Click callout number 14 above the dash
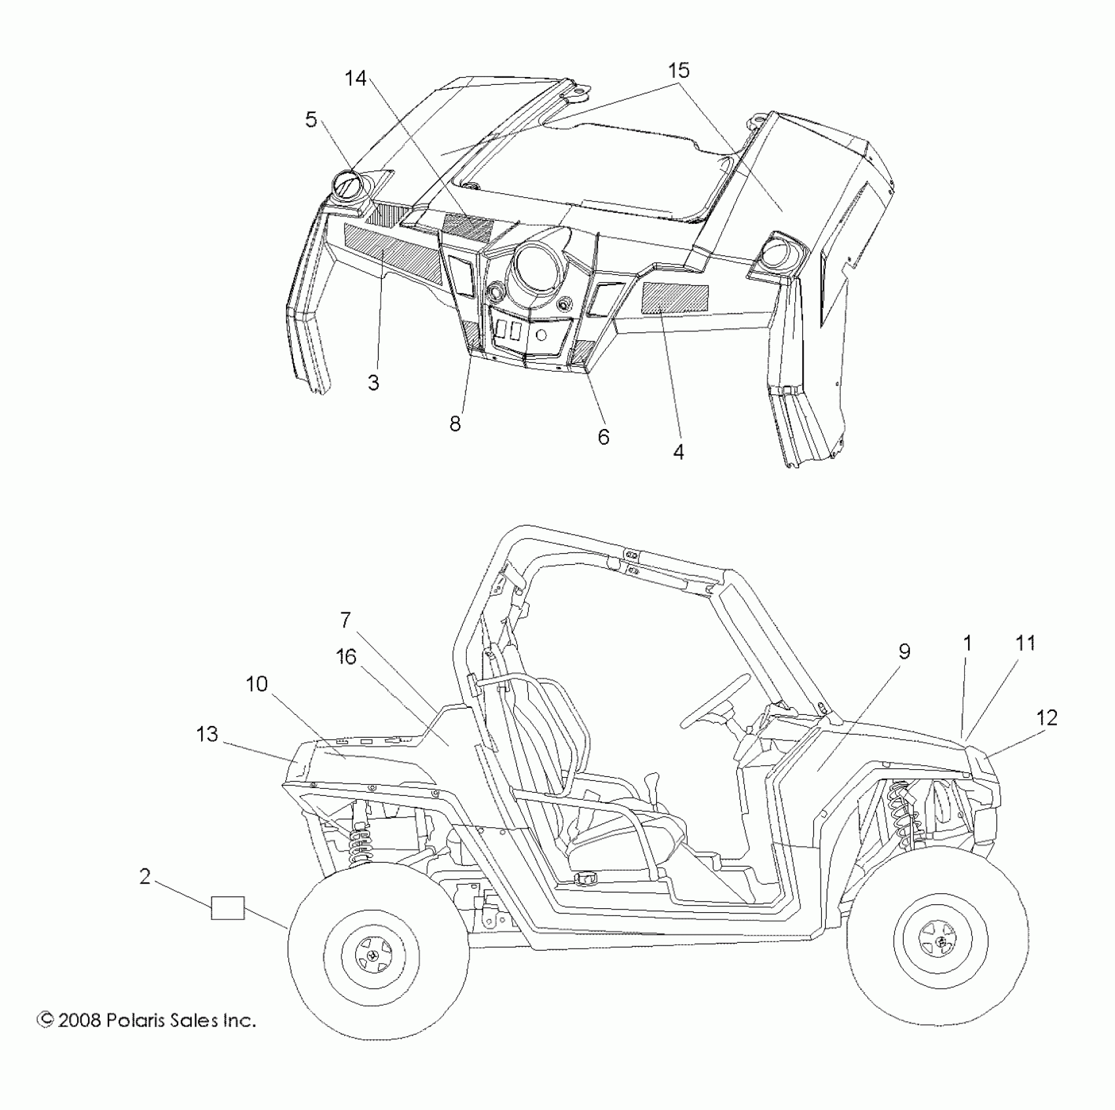[356, 78]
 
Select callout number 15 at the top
[678, 71]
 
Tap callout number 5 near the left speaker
[311, 119]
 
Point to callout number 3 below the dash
[373, 383]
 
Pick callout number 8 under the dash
[455, 424]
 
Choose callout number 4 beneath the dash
[679, 451]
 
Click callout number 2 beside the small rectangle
[145, 876]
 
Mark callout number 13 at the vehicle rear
[207, 734]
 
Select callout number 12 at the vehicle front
[1046, 718]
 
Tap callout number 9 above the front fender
[904, 651]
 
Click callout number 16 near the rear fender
[346, 656]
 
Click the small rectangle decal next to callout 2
[228, 908]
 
